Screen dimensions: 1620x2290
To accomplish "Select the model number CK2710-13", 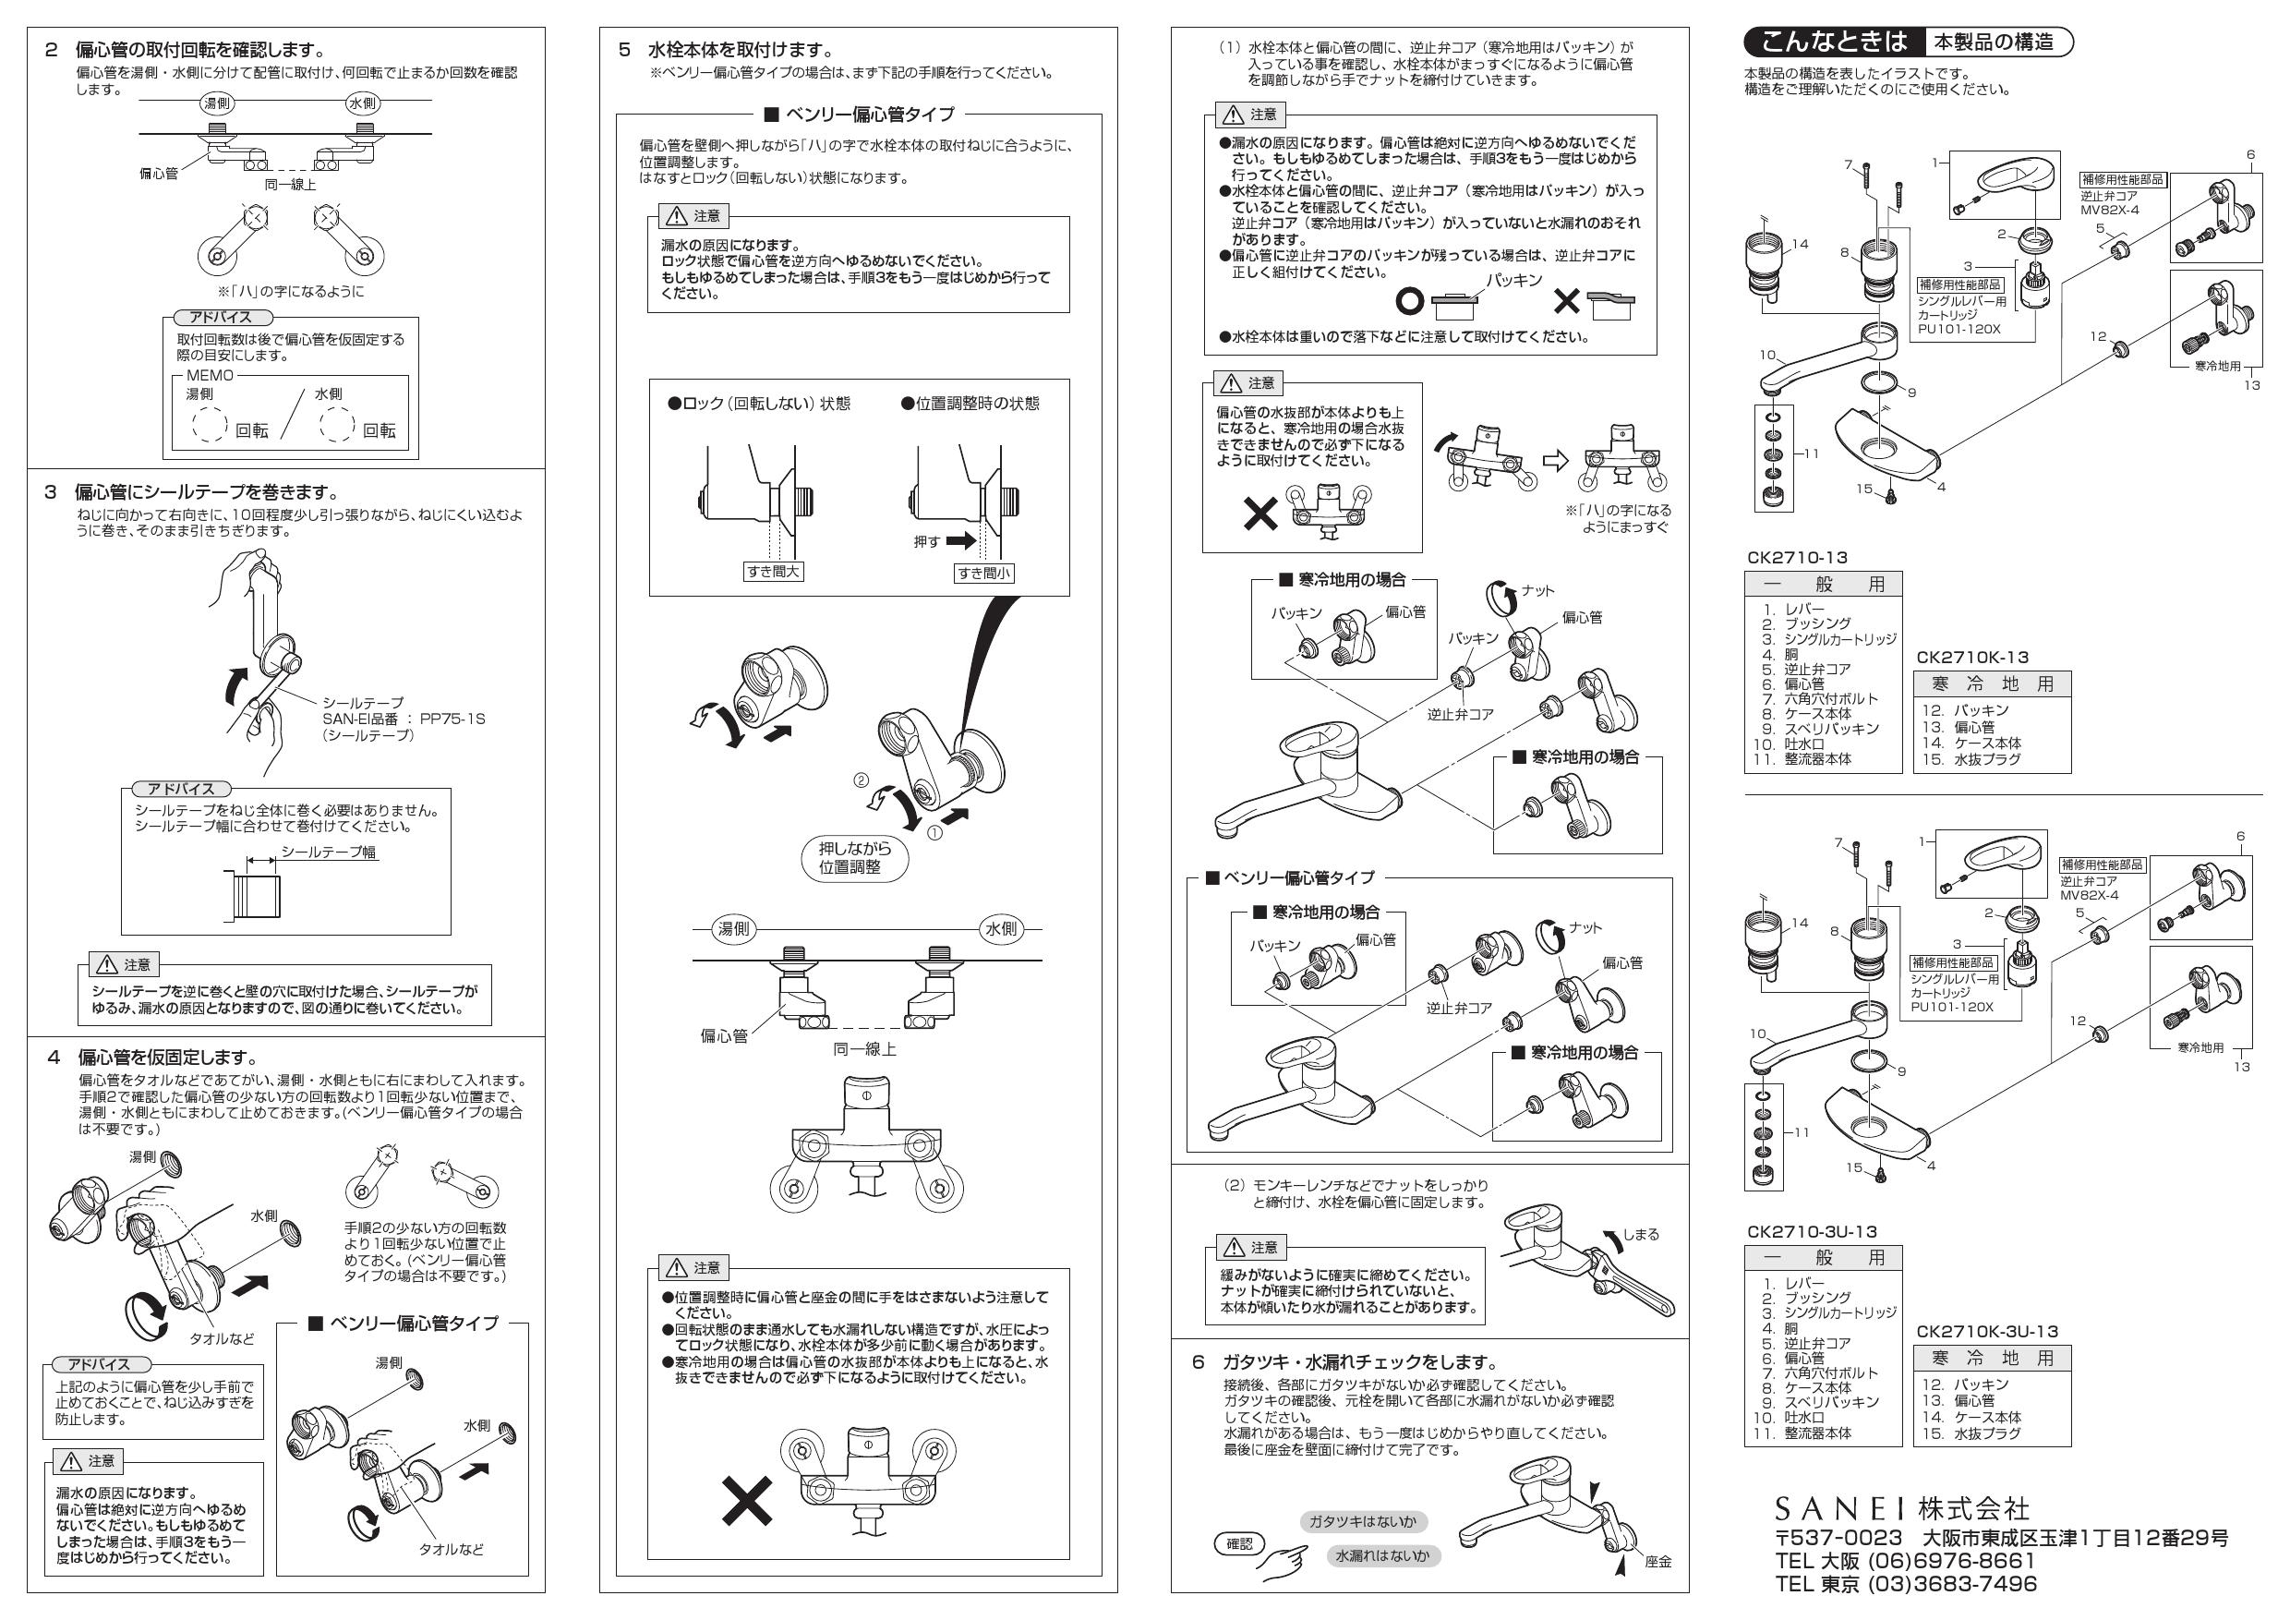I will (1797, 558).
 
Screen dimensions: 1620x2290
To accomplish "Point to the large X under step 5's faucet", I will (747, 1501).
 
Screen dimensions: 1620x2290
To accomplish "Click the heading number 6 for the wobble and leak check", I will (1198, 1362).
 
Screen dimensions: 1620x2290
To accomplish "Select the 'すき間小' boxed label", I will (983, 573).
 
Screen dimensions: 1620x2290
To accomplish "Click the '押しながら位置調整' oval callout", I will (855, 858).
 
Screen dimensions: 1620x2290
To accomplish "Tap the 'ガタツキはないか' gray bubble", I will (1362, 1521).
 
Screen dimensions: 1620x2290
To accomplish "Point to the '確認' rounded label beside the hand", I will (1240, 1544).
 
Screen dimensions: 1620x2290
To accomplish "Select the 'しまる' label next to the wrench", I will (1641, 1234).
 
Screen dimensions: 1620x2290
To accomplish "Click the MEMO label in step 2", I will (210, 375).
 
